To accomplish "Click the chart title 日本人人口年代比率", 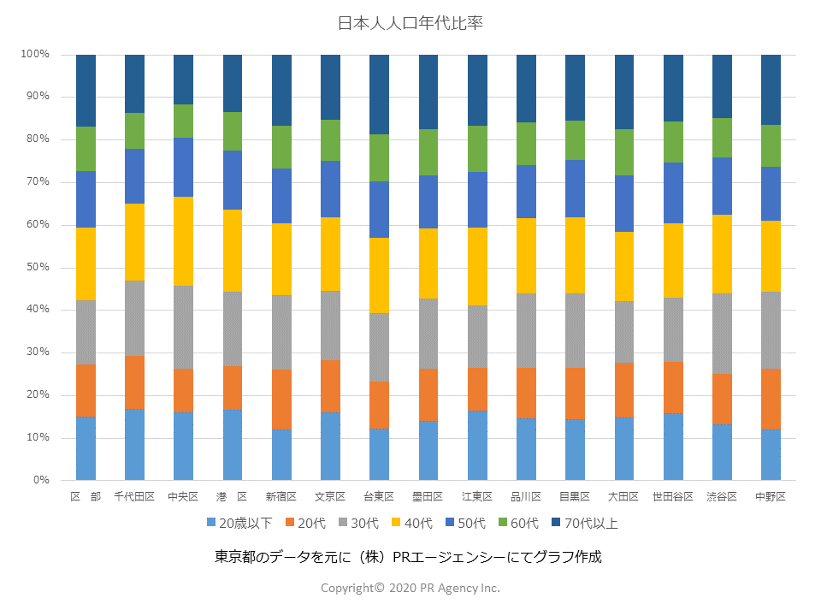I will pyautogui.click(x=410, y=23).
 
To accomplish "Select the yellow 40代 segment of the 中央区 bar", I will pyautogui.click(x=183, y=241).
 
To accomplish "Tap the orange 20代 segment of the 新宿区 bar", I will pyautogui.click(x=281, y=400).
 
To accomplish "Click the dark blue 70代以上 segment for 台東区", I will pyautogui.click(x=379, y=94).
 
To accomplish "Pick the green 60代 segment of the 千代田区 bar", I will pyautogui.click(x=134, y=131).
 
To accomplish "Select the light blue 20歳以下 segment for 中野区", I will pyautogui.click(x=771, y=454).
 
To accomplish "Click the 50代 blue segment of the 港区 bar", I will pyautogui.click(x=233, y=180).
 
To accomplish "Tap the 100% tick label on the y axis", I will pyautogui.click(x=35, y=54).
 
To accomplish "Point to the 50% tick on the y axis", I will pyautogui.click(x=38, y=267).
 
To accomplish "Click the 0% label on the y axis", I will pyautogui.click(x=41, y=480).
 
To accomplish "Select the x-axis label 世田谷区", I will pyautogui.click(x=673, y=497).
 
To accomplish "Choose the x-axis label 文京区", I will pyautogui.click(x=330, y=497).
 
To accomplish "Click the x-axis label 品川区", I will pyautogui.click(x=526, y=497).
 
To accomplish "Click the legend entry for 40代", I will pyautogui.click(x=412, y=523).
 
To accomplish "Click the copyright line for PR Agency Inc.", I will pyautogui.click(x=410, y=588).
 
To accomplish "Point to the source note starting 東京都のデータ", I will pyautogui.click(x=409, y=557).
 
